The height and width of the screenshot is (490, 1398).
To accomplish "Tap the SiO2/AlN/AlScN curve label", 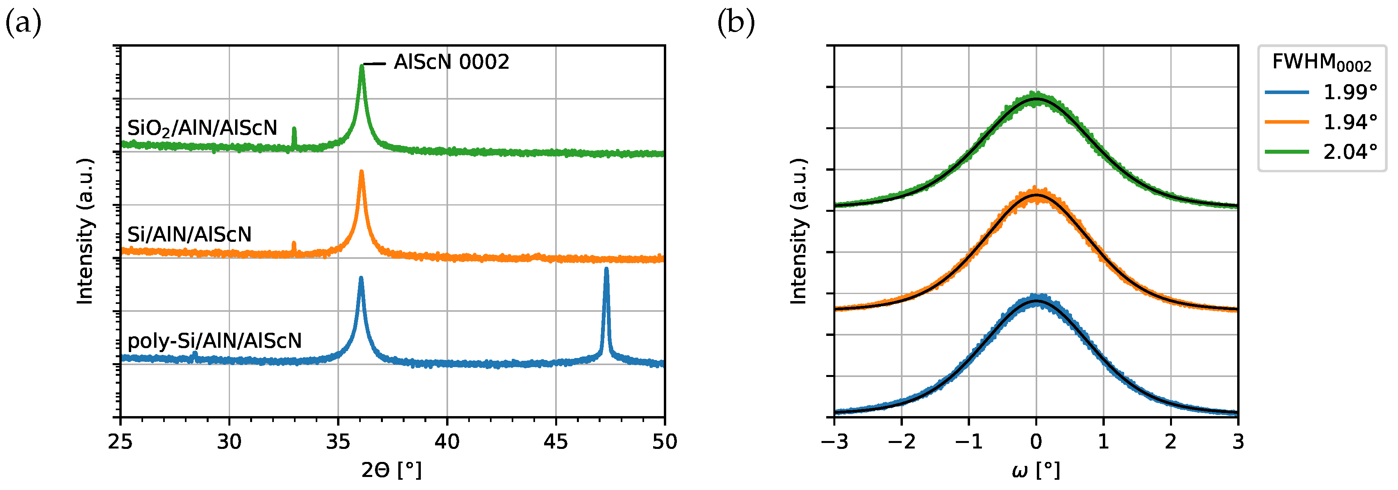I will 202,128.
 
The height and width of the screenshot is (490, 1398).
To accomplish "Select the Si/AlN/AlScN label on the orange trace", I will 189,234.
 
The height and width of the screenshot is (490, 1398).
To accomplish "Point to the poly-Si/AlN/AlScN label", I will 215,341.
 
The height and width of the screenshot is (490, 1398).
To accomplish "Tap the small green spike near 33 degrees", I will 294,131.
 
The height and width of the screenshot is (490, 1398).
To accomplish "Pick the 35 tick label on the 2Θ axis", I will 338,442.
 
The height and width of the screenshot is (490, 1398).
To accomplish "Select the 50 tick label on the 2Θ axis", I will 664,442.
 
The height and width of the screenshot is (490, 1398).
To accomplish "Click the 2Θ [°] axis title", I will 391,470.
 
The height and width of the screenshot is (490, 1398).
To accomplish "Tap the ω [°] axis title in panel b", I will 1036,470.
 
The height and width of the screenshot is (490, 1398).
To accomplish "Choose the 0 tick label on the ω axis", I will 1036,442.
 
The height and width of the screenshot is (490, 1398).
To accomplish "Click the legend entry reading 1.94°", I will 1350,122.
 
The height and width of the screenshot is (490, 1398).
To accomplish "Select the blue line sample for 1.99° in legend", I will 1287,92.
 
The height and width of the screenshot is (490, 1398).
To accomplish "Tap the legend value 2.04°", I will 1350,152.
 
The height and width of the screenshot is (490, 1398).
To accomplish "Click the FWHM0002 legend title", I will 1321,63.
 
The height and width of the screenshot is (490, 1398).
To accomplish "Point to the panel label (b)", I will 736,23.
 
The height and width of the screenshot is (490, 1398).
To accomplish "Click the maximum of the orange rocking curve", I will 1036,194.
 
